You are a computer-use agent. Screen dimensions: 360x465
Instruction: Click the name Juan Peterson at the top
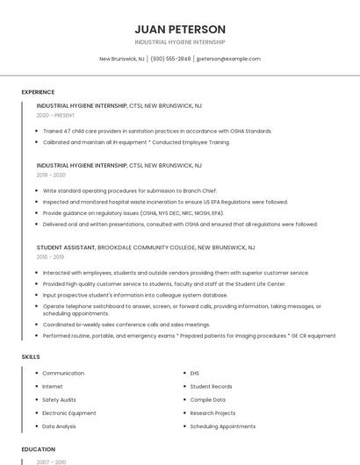pos(180,29)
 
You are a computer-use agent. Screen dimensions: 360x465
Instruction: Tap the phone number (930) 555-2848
pos(170,59)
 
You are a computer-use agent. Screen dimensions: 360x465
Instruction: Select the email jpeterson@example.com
pos(228,59)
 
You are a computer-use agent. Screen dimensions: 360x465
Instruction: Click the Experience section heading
pos(38,92)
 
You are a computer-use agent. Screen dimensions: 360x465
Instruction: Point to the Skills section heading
pos(31,357)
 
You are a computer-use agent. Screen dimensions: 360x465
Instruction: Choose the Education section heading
pos(38,449)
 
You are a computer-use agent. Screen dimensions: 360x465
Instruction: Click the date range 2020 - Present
pos(55,115)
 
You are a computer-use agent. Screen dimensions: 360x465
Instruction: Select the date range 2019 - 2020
pos(51,175)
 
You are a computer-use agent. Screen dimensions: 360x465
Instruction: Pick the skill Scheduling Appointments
pos(222,426)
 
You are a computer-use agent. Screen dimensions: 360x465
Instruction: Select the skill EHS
pos(195,373)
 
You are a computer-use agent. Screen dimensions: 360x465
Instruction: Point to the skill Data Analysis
pos(59,426)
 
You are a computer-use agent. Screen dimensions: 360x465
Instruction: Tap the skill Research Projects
pos(212,412)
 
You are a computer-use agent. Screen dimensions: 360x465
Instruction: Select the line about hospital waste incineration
pos(165,202)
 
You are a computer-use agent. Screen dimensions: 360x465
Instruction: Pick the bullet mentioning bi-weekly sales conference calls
pos(126,324)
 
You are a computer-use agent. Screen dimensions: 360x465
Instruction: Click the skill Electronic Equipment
pos(69,412)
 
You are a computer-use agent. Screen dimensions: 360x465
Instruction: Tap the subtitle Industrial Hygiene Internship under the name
pos(180,42)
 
